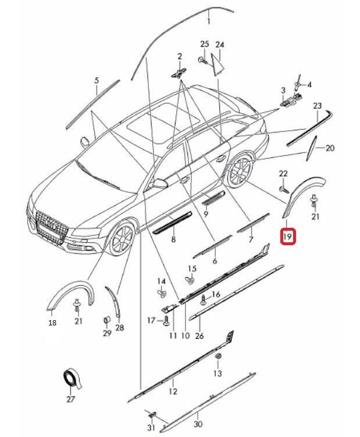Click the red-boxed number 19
click(288, 237)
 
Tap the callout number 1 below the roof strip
click(209, 22)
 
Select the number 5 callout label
click(97, 81)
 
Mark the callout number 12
click(173, 391)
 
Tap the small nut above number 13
click(217, 355)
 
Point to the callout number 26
click(199, 335)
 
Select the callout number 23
click(317, 106)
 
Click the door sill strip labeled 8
click(172, 222)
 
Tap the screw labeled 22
click(283, 189)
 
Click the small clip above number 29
click(106, 320)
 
